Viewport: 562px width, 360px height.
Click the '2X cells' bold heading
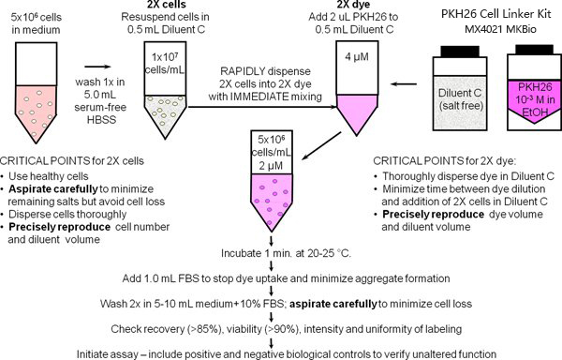pyautogui.click(x=167, y=5)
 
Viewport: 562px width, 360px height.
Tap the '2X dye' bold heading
pyautogui.click(x=353, y=5)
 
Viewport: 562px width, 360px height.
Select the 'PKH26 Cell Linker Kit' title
pyautogui.click(x=500, y=14)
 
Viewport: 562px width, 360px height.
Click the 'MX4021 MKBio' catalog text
pyautogui.click(x=500, y=29)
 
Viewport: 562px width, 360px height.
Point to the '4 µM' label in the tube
pyautogui.click(x=357, y=56)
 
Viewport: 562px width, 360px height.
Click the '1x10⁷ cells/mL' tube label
pyautogui.click(x=165, y=63)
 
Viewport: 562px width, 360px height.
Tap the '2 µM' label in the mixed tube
pyautogui.click(x=271, y=166)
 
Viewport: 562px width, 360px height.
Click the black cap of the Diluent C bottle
pyautogui.click(x=460, y=52)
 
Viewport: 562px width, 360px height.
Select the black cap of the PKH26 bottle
pyautogui.click(x=534, y=50)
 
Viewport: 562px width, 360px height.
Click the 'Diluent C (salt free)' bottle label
pyautogui.click(x=460, y=99)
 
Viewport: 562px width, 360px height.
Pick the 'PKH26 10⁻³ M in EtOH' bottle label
pyautogui.click(x=535, y=99)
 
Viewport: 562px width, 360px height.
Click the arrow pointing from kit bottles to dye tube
pyautogui.click(x=404, y=84)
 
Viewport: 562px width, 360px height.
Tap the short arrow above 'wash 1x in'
pyautogui.click(x=97, y=67)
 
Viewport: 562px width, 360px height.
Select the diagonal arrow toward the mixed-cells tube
pyautogui.click(x=321, y=145)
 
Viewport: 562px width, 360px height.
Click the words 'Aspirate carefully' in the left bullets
pyautogui.click(x=53, y=188)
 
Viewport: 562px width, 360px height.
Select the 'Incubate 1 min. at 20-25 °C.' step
pyautogui.click(x=286, y=253)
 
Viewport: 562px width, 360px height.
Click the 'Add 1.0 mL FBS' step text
pyautogui.click(x=160, y=278)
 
